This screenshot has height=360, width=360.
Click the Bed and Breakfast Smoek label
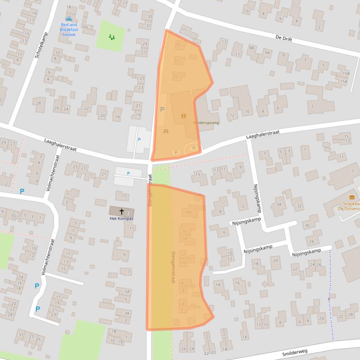click(x=68, y=29)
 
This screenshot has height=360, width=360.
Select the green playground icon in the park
click(x=111, y=37)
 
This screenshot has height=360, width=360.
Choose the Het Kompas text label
click(x=121, y=218)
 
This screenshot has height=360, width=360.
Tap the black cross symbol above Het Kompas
click(x=121, y=211)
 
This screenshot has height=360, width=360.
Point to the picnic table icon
click(x=166, y=131)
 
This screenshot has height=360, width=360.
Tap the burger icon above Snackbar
click(x=352, y=197)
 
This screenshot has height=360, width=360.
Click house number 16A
click(x=188, y=212)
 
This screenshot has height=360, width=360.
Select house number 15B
click(x=345, y=73)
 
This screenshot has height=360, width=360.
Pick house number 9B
click(x=251, y=48)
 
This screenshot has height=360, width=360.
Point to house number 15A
click(x=344, y=81)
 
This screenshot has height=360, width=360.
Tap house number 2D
click(x=321, y=318)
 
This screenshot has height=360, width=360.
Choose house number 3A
click(x=126, y=313)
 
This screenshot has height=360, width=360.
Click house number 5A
click(x=126, y=291)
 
